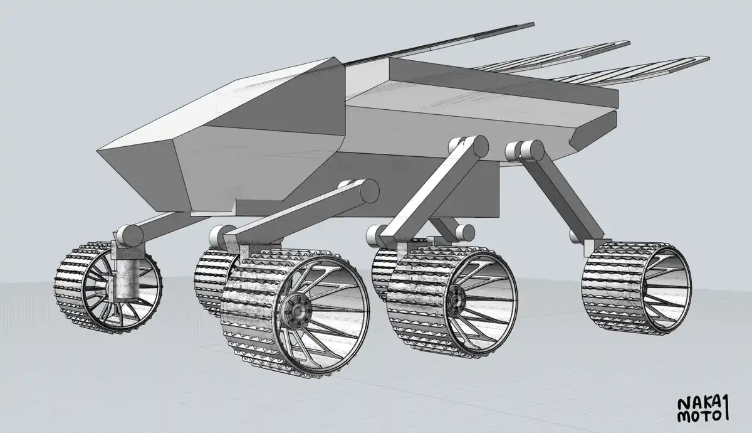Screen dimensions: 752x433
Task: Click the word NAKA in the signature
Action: (698, 404)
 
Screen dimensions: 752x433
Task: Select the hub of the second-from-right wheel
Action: (456, 300)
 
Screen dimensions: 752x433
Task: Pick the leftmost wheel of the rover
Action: (108, 287)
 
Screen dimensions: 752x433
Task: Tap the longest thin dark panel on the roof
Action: (436, 43)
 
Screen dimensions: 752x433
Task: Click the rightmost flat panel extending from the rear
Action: (631, 71)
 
